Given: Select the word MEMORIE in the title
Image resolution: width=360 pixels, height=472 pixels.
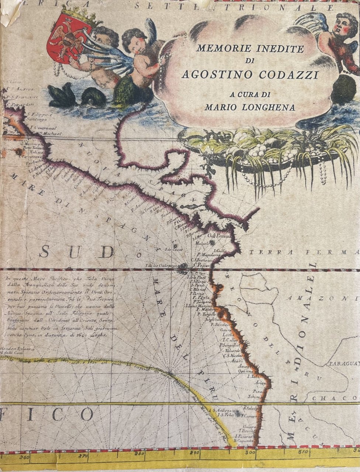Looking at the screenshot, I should pyautogui.click(x=218, y=48).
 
